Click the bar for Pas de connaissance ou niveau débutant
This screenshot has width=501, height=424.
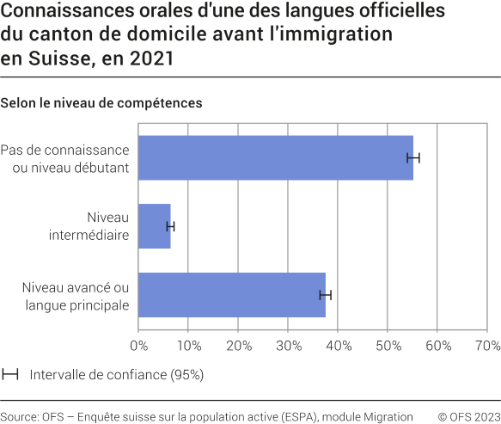(275, 157)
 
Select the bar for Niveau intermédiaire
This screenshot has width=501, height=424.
(155, 226)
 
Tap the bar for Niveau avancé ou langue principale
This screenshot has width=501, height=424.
(231, 295)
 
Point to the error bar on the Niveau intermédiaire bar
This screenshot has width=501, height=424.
(170, 226)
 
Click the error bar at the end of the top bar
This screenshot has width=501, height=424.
(413, 157)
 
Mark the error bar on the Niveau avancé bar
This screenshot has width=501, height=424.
(325, 295)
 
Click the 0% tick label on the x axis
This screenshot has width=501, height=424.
(138, 346)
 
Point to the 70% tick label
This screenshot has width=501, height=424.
(486, 346)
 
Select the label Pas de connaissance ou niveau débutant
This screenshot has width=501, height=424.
(64, 158)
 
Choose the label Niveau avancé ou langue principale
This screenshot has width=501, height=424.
(76, 295)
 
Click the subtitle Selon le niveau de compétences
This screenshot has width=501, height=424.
(101, 103)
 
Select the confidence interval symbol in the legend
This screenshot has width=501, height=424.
(11, 375)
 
